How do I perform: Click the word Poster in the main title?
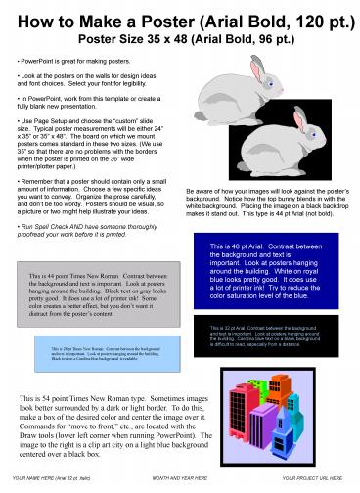point(179,21)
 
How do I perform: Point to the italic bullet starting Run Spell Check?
point(86,228)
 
